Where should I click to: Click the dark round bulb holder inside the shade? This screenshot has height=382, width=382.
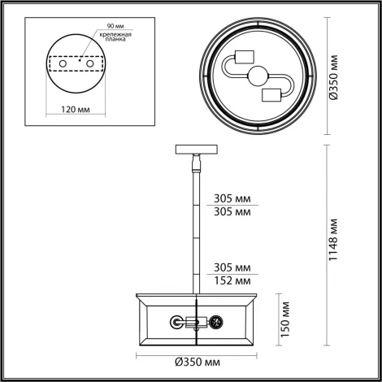point(216,323)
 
